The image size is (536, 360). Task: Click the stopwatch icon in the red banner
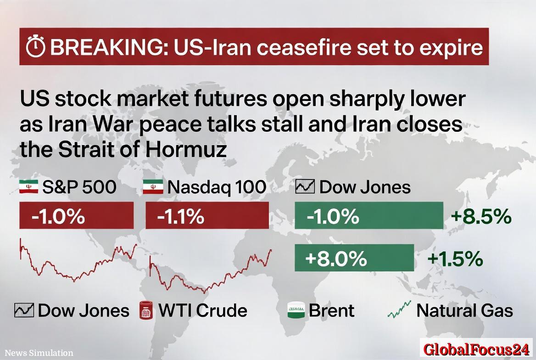[x=36, y=47]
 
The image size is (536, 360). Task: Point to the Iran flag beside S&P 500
[x=28, y=187]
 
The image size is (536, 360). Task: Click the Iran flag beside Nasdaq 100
[x=152, y=187]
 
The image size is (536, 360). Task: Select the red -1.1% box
[x=207, y=216]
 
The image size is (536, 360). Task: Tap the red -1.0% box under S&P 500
[x=76, y=216]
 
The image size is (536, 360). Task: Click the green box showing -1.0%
[x=368, y=216]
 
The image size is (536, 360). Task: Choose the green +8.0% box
[x=354, y=258]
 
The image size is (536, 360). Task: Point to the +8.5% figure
[x=481, y=216]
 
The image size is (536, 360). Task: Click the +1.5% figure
[x=455, y=259]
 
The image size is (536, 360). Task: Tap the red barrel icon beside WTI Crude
[x=145, y=311]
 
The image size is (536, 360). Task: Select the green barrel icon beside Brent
[x=296, y=311]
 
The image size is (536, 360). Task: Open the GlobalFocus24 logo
[x=476, y=349]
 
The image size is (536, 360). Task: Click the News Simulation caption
[x=39, y=353]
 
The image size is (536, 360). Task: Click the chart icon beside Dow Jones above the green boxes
[x=305, y=187]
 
